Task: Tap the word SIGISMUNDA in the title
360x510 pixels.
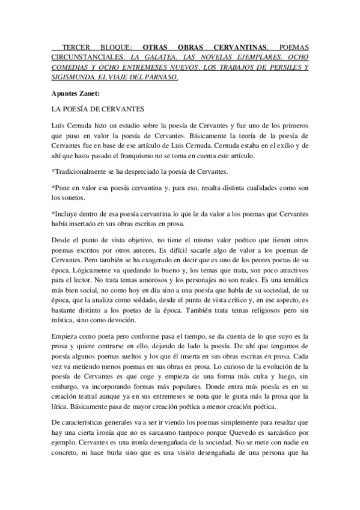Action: (75, 78)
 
